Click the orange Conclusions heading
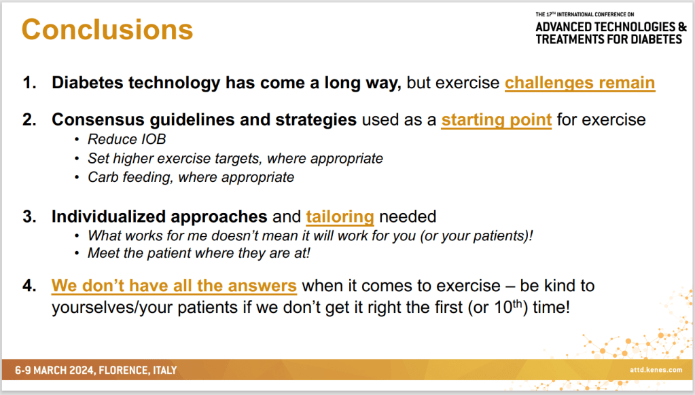107,30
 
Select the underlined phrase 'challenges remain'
580,83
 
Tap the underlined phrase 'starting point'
497,120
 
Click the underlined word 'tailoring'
340,217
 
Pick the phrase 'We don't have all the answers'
174,286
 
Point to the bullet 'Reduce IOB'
127,140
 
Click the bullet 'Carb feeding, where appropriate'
191,177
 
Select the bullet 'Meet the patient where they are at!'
198,253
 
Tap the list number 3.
29,217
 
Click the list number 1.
29,83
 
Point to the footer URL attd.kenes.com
656,370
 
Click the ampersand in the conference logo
682,27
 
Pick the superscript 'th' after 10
517,303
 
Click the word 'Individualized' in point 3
108,217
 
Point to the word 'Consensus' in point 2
98,120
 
